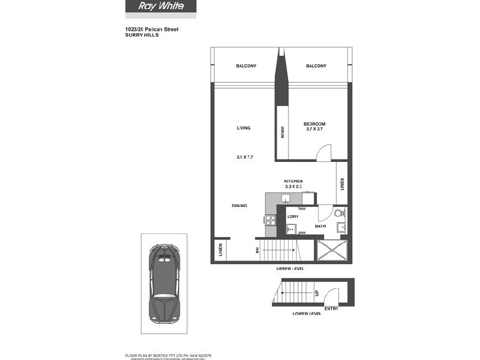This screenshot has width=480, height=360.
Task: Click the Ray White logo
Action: (160, 7)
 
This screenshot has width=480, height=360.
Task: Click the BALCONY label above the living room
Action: (246, 66)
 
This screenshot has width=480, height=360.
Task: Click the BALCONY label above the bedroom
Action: (316, 66)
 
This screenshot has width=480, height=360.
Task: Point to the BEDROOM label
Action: (314, 124)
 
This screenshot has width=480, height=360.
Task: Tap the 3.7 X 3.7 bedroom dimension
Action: (314, 129)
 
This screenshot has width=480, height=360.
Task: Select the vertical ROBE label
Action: (282, 132)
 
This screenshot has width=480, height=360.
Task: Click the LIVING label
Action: (243, 128)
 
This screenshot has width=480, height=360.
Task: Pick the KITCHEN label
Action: (293, 181)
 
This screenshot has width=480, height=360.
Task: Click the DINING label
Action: (240, 206)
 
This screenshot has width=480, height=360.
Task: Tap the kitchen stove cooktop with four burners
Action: (270, 220)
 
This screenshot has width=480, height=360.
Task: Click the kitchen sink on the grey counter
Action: (287, 199)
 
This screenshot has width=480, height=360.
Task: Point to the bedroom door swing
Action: (323, 154)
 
